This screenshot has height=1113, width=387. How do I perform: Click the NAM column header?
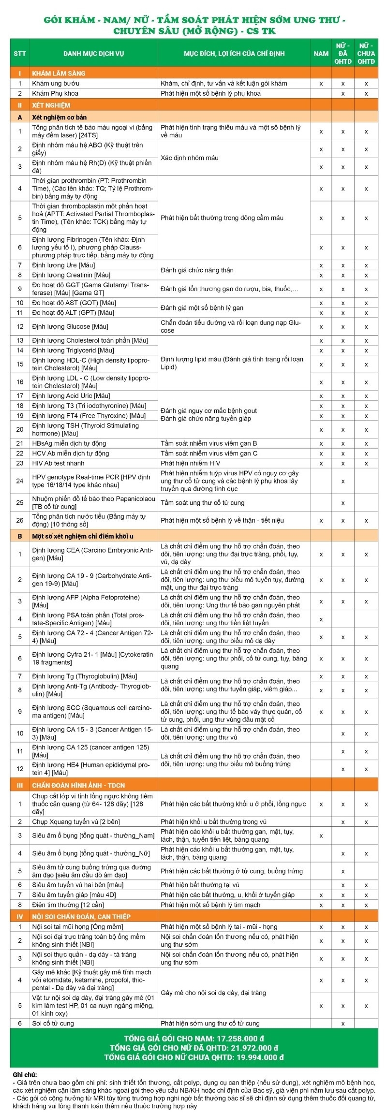(321, 54)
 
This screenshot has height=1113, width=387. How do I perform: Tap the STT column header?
(20, 54)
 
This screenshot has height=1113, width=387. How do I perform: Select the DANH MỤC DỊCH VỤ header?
(93, 54)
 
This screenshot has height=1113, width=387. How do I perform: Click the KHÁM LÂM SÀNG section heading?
(59, 73)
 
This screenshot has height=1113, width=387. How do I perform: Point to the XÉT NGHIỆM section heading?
(51, 105)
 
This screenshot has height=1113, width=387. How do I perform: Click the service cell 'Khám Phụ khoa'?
(55, 93)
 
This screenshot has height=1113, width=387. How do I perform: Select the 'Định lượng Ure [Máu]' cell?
(63, 265)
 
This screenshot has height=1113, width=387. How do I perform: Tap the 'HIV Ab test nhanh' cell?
(58, 463)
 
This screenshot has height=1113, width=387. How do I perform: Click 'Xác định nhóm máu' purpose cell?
(190, 158)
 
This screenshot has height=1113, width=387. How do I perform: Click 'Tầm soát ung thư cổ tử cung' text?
(203, 503)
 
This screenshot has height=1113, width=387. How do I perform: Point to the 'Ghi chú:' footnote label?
(25, 1074)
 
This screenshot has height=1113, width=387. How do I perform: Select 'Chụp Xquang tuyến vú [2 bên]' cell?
(76, 822)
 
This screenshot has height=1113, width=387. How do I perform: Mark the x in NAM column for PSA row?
(321, 619)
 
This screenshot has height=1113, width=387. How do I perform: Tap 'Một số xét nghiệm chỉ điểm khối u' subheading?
(83, 536)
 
